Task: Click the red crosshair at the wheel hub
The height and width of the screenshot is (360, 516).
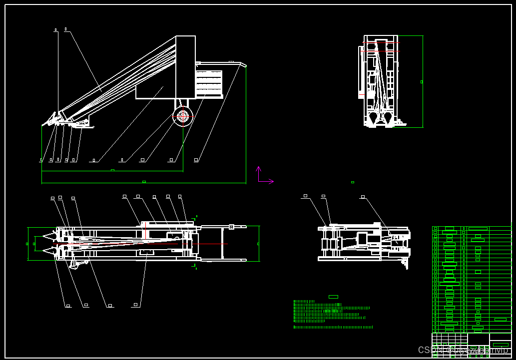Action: tap(183, 116)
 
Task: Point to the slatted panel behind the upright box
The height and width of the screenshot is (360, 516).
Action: tap(209, 83)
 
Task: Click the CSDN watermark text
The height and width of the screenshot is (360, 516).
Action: tap(462, 350)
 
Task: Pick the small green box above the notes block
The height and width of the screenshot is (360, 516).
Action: tap(333, 297)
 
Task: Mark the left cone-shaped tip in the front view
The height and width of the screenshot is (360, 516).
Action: tap(373, 117)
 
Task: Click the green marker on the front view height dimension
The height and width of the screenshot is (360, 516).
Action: tap(422, 82)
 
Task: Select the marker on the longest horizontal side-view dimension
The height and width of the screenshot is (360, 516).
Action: tap(144, 182)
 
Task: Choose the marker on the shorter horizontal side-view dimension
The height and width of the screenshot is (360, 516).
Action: tap(112, 170)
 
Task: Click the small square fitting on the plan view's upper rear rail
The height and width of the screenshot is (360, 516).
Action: tap(231, 227)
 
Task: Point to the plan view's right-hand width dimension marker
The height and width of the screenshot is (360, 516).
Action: tap(258, 244)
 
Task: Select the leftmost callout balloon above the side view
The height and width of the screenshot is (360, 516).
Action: tap(55, 30)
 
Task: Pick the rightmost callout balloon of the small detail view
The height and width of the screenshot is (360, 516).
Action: tap(363, 197)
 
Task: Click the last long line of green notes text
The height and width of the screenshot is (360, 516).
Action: tap(333, 327)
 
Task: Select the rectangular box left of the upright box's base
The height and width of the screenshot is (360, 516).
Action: tap(155, 92)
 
